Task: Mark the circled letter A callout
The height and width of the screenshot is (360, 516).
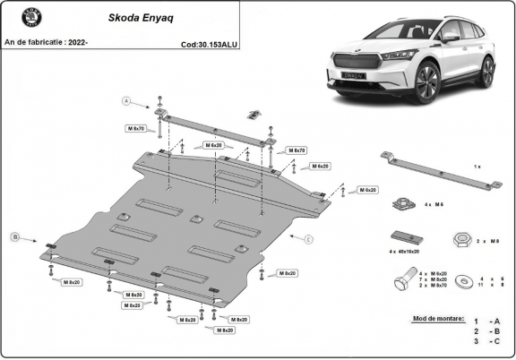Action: (x=127, y=100)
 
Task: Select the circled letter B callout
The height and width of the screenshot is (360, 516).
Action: (x=14, y=236)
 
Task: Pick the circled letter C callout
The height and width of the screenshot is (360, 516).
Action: (x=308, y=239)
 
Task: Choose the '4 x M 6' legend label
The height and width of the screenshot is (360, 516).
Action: (x=434, y=206)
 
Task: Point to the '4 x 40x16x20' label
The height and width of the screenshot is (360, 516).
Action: (x=405, y=253)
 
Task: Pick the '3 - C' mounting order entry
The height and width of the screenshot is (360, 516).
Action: (x=487, y=341)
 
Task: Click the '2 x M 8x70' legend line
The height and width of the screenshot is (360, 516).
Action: (x=434, y=286)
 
